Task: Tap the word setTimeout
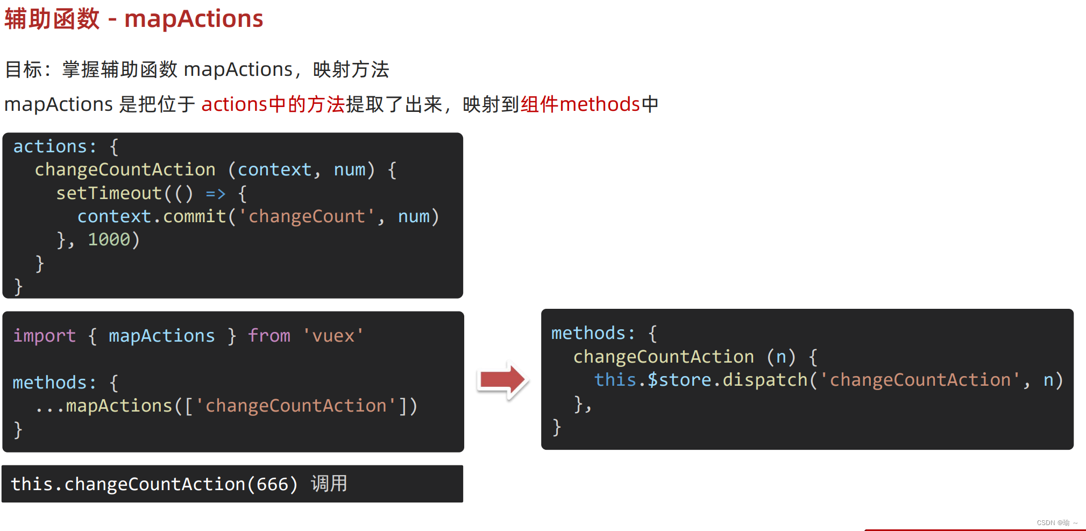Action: tap(109, 193)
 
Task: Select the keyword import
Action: tap(44, 336)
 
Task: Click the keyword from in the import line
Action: tap(269, 336)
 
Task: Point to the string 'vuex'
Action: tap(333, 336)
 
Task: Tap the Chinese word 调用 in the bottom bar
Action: tap(329, 484)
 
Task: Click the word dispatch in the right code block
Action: tap(765, 380)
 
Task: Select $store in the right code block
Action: tap(679, 380)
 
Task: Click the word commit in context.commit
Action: tap(194, 216)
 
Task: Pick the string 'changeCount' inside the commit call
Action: tap(307, 216)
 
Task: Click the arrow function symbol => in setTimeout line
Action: tap(215, 193)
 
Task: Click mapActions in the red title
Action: tap(194, 19)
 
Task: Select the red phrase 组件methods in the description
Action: tap(580, 104)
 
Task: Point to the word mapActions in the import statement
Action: tap(161, 336)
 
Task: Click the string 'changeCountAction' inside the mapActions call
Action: tap(296, 406)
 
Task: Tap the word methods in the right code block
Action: tap(589, 333)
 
